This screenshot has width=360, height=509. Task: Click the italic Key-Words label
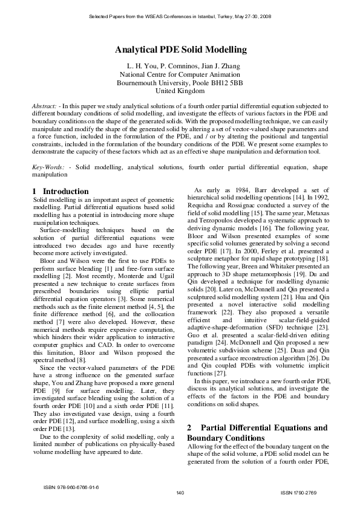(x=47, y=166)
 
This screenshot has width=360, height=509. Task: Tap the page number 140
(x=180, y=494)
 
